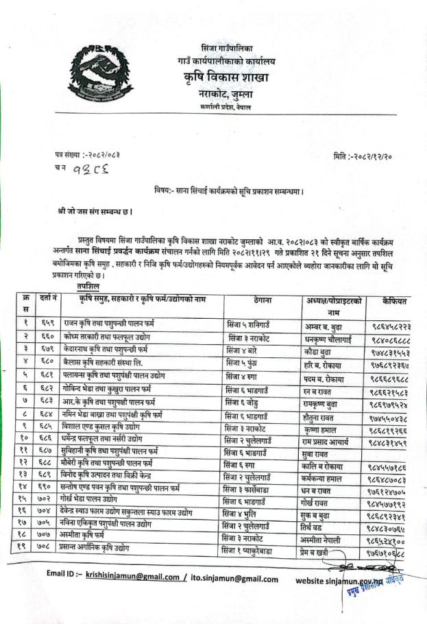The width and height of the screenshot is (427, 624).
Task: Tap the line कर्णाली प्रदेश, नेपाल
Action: point(227,108)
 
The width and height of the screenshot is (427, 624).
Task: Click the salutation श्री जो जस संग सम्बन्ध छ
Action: point(95,211)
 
